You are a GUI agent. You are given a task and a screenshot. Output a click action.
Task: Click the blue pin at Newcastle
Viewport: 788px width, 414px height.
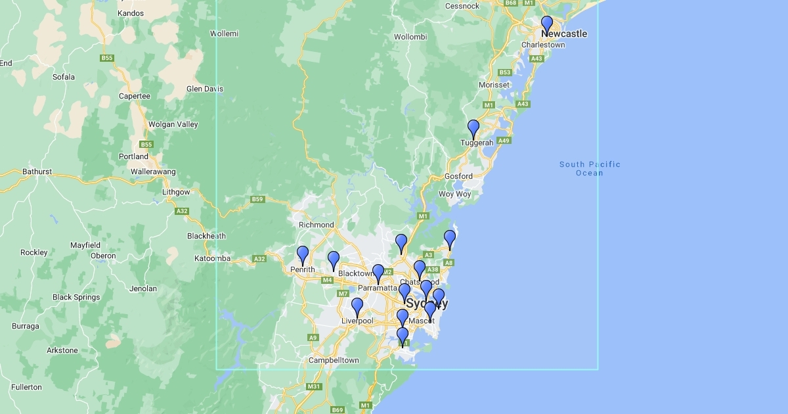tap(547, 24)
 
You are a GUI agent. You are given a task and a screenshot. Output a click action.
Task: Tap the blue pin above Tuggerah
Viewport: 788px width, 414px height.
tap(473, 128)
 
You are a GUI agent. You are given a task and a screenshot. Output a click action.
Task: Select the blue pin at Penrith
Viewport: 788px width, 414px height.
tap(303, 254)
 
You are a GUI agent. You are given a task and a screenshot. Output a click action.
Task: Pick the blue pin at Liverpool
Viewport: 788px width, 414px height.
tap(357, 306)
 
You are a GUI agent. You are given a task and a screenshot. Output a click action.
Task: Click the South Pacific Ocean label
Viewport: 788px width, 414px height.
tap(590, 168)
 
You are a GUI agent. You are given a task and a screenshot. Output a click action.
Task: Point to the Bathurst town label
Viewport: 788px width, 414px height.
tap(37, 172)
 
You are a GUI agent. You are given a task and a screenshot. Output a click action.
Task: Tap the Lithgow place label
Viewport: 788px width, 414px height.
tap(176, 192)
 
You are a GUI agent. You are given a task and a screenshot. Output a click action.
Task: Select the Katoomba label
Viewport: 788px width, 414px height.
tap(212, 258)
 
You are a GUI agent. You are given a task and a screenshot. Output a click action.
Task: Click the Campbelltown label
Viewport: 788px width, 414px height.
tap(334, 360)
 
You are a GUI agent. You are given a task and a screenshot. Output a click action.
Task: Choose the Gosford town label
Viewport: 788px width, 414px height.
tap(458, 176)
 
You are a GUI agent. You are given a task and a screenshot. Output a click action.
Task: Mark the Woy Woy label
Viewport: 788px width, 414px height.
tap(454, 194)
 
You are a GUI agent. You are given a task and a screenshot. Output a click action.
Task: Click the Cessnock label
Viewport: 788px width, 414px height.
tap(462, 6)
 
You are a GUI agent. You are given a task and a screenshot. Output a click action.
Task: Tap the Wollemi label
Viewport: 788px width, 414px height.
tap(224, 34)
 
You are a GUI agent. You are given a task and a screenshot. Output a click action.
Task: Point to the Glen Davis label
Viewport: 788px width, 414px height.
tap(205, 89)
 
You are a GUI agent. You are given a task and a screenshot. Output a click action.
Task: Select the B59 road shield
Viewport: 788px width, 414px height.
tap(257, 199)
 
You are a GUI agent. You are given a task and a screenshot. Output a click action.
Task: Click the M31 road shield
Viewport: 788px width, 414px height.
tap(314, 386)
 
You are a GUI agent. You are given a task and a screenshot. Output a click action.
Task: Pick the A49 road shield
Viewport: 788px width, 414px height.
tap(504, 141)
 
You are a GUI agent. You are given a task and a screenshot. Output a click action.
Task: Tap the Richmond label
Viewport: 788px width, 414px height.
tap(316, 225)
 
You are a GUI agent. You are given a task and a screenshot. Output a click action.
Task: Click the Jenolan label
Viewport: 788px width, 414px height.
tap(143, 288)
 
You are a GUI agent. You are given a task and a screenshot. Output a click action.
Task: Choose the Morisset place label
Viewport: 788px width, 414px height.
tap(494, 85)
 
